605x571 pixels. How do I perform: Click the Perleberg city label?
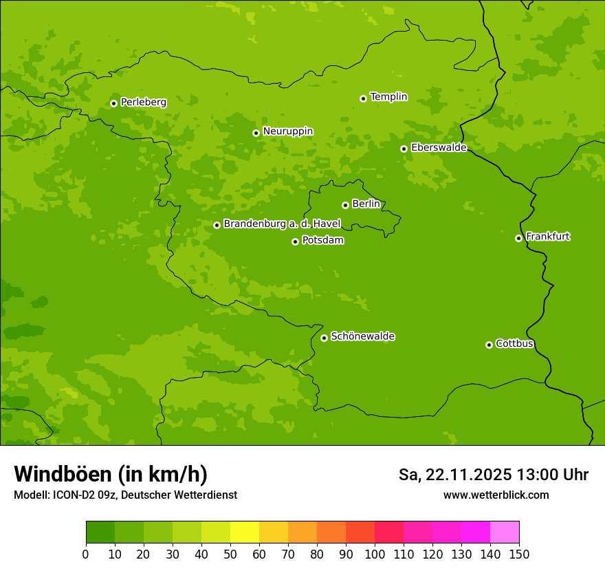[143, 103]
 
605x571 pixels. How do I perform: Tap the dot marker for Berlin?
[345, 205]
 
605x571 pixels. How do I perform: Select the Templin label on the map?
[388, 97]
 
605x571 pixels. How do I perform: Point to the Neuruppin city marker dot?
[256, 133]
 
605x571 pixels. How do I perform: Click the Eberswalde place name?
[439, 148]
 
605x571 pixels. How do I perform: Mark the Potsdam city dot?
[295, 241]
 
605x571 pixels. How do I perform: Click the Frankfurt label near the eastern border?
[547, 237]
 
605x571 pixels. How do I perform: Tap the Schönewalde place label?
[362, 336]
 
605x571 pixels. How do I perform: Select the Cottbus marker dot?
[489, 345]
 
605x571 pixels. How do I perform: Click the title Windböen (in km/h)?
[111, 475]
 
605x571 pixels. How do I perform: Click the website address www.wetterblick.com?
[496, 495]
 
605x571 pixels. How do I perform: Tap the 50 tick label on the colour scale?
[230, 554]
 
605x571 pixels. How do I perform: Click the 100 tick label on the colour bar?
[375, 554]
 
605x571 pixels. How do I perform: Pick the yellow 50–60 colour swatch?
[245, 532]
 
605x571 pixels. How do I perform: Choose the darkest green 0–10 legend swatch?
[100, 532]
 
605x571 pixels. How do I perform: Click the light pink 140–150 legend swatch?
[505, 532]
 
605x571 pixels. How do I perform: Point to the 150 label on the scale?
[519, 554]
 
